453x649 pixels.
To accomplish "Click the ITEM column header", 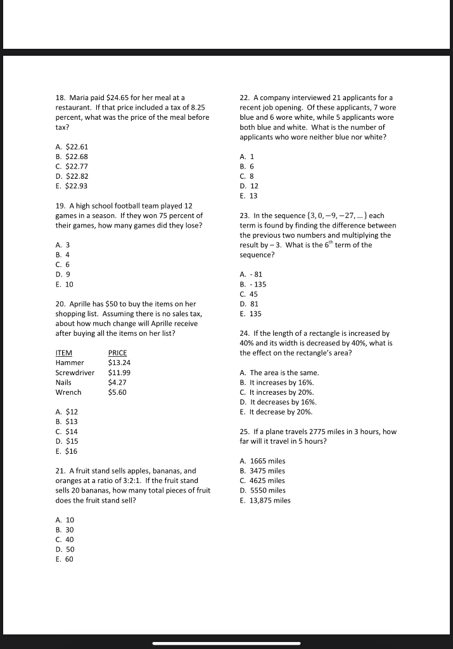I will click(64, 353).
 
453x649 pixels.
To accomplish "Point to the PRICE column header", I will click(117, 353).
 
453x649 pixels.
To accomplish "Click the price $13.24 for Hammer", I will click(119, 363).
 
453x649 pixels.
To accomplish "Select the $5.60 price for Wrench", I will click(117, 392).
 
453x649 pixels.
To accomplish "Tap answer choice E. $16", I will click(67, 451).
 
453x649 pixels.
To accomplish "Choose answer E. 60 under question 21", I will click(65, 560).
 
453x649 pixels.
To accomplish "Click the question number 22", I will click(245, 98).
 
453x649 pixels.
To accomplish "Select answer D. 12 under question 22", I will click(249, 186).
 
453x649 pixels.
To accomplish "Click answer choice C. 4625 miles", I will click(262, 480).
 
